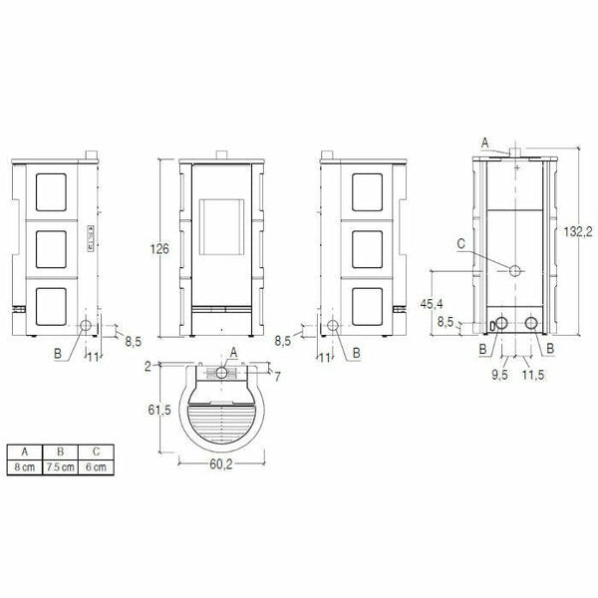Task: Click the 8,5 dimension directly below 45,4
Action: point(446,322)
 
